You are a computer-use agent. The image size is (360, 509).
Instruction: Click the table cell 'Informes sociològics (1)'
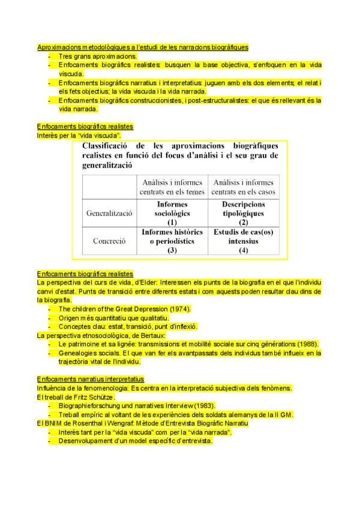[x=172, y=213]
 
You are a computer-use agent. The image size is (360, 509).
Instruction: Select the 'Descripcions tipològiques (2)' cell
[x=243, y=213]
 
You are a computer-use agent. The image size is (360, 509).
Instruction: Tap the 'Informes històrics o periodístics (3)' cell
[x=172, y=241]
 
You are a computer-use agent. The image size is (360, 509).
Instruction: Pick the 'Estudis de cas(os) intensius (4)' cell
[x=243, y=241]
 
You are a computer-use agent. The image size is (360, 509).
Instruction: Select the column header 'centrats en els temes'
[x=172, y=191]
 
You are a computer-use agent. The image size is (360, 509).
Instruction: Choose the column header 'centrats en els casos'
[x=243, y=191]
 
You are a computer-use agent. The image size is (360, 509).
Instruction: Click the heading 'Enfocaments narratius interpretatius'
[x=91, y=379]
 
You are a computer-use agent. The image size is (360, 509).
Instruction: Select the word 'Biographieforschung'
[x=90, y=406]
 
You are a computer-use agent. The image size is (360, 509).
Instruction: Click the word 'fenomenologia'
[x=106, y=388]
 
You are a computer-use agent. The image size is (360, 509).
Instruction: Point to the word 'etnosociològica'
[x=97, y=336]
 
